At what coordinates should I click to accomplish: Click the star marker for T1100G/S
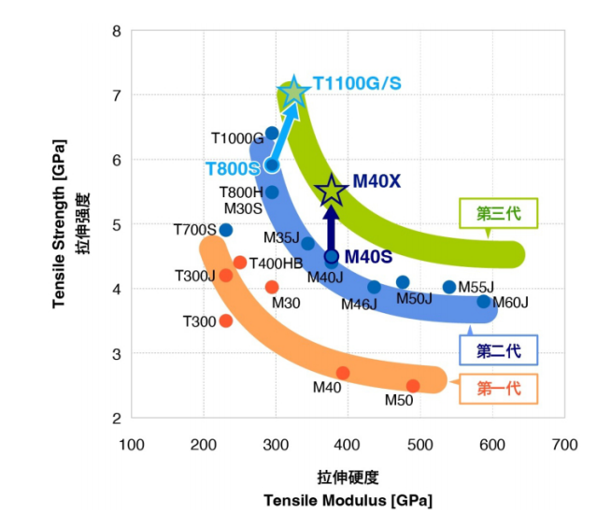293,92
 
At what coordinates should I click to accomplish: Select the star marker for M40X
331,191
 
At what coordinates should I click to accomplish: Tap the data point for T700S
225,230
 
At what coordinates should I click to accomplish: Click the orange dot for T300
225,321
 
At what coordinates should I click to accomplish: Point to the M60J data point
483,301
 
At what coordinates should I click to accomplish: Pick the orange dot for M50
413,385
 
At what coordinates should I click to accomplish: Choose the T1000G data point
272,134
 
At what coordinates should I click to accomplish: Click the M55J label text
476,287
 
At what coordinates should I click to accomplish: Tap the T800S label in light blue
232,168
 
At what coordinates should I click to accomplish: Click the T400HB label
276,264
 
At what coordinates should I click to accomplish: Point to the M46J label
359,304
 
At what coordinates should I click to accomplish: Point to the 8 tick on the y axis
116,31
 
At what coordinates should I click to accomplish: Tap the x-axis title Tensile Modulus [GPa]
348,499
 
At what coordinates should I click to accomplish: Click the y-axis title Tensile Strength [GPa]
59,224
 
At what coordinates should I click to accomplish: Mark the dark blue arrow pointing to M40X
331,230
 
